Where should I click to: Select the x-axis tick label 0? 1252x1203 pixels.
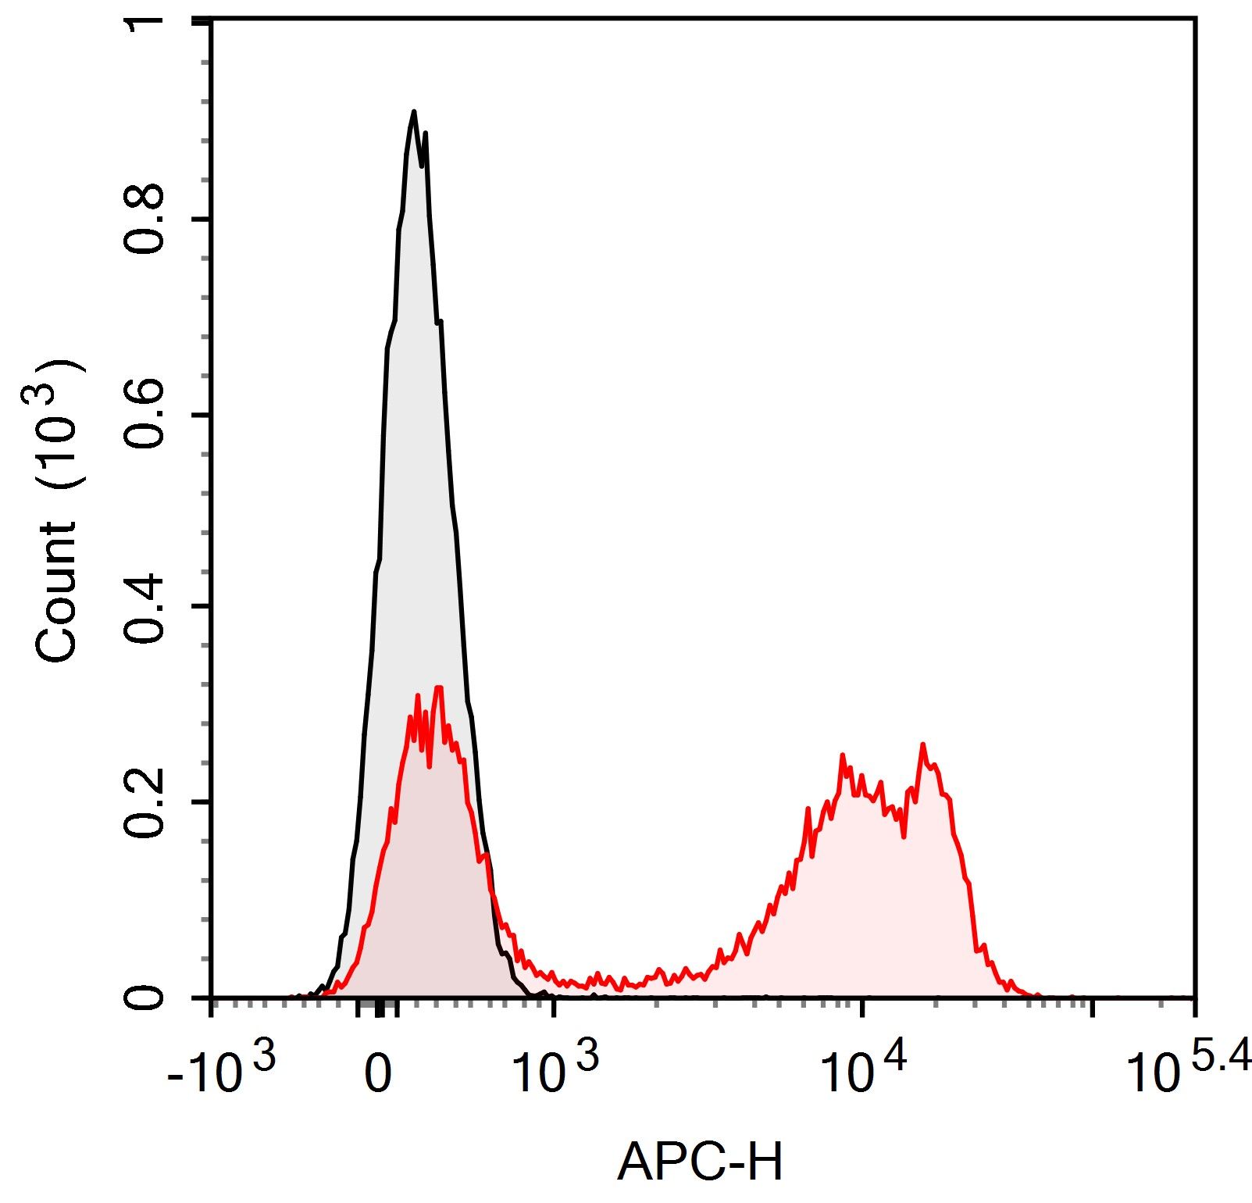[378, 1077]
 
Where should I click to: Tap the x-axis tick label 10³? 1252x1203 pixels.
[555, 1074]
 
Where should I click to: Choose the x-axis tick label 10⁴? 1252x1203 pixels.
[862, 1074]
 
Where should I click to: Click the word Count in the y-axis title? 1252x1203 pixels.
[58, 594]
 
